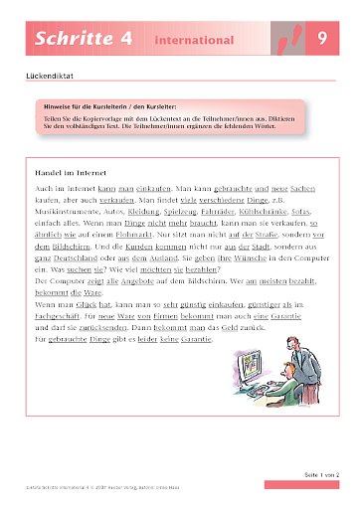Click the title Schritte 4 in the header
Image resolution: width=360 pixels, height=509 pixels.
(x=72, y=41)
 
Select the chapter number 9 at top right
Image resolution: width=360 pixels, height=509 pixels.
(x=322, y=41)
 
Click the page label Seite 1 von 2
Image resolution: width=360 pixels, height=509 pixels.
(x=315, y=479)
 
